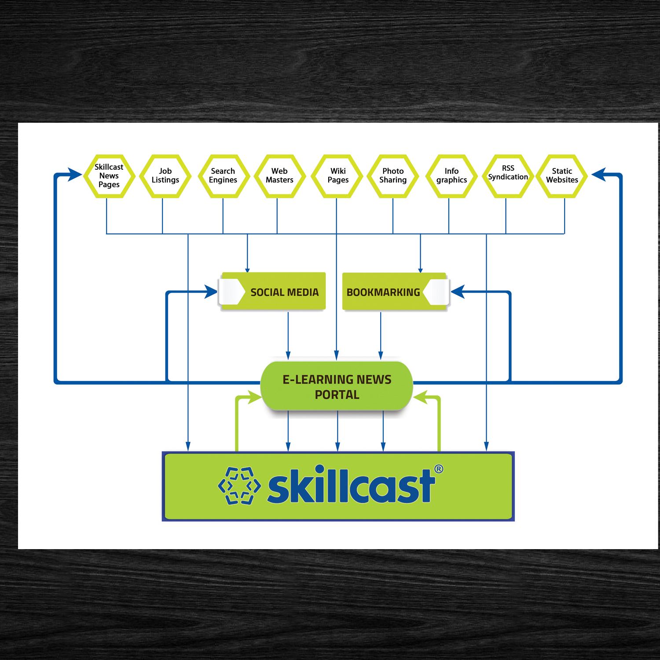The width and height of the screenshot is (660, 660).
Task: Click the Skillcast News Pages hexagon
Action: click(109, 176)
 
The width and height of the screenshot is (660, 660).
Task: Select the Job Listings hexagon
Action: click(165, 176)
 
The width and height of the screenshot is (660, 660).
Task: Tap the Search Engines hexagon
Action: click(224, 176)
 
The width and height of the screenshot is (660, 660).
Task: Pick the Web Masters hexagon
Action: click(280, 176)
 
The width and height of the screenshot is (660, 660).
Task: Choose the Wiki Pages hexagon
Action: click(337, 176)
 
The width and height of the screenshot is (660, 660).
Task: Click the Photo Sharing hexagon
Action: click(393, 176)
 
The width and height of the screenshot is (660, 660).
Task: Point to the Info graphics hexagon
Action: click(451, 176)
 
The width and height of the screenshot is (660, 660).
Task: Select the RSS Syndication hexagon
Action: click(508, 176)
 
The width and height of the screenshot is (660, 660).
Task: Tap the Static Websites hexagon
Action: click(562, 176)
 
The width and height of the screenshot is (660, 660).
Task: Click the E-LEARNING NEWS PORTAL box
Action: click(337, 386)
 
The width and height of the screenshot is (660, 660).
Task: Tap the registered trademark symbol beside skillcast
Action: click(439, 469)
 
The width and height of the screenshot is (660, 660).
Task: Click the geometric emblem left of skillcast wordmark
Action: click(239, 486)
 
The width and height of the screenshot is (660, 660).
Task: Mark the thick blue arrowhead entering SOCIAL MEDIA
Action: click(211, 292)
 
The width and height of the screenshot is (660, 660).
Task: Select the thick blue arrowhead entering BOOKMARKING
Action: click(458, 292)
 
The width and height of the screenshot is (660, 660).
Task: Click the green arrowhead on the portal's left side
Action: click(255, 398)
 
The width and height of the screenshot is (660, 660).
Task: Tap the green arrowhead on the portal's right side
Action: click(420, 398)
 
